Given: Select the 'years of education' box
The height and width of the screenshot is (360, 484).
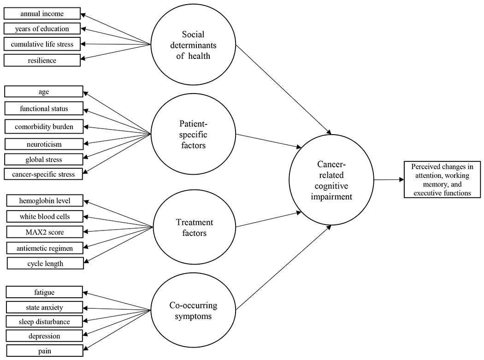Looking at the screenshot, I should pos(41,29).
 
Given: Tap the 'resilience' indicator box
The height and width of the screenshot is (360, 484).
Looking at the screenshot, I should pos(41,60).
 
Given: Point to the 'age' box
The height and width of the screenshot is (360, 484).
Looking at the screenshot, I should pos(44,92).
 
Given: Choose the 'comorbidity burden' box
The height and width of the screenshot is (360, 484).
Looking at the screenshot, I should pos(44,125).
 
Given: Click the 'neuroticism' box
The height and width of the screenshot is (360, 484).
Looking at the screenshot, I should pos(44,144).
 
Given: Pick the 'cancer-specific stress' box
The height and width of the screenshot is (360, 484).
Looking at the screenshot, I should pos(44,174).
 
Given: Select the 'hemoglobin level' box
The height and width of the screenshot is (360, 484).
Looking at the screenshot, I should pos(45,201).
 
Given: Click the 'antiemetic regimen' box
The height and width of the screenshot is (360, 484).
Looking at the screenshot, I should pos(45,248).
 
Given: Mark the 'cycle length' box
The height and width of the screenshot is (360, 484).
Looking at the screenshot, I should pos(45,264).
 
